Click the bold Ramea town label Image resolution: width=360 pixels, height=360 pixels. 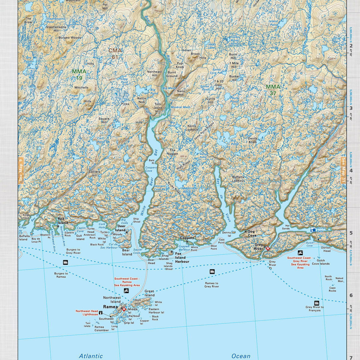point(110,307)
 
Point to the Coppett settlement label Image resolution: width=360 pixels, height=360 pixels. point(187,238)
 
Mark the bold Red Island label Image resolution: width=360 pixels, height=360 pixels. point(63,221)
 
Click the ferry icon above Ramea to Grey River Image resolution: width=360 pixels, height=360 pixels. point(212,271)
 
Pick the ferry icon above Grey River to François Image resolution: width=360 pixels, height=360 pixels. point(316,303)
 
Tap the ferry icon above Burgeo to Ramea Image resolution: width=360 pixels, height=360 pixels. point(65,262)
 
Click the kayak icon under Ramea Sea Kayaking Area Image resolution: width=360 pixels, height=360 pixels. point(127,291)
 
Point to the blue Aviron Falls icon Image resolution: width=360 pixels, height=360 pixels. point(313,230)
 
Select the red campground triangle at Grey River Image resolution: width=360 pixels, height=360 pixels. point(268,249)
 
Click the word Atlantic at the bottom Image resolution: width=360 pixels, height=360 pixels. point(91,356)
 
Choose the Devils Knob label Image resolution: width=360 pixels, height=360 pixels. point(253,140)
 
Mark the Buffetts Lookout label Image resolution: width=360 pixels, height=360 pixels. point(238,179)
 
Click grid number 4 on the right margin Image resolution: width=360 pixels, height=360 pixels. point(351,171)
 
